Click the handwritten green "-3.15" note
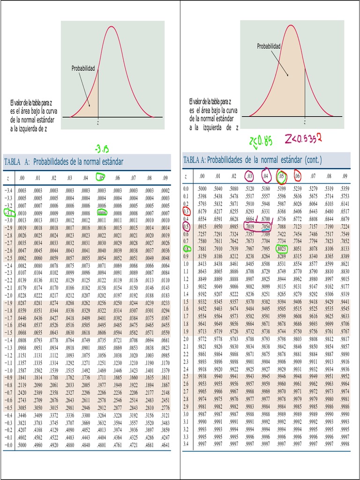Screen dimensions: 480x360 (x=101, y=149)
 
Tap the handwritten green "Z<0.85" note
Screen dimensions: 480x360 (x=261, y=140)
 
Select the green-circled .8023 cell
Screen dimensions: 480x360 (x=282, y=249)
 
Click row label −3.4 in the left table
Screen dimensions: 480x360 (x=8, y=191)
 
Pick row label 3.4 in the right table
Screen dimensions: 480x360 (x=186, y=444)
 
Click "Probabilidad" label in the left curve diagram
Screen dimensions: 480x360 (x=83, y=69)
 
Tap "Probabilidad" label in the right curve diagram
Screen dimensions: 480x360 (x=269, y=46)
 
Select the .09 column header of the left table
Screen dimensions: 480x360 (x=165, y=178)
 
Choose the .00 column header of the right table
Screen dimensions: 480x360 (x=202, y=176)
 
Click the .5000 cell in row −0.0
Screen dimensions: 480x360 (x=22, y=445)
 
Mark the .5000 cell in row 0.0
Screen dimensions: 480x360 (x=202, y=189)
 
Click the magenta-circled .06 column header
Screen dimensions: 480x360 (x=297, y=176)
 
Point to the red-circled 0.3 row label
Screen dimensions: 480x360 (x=186, y=211)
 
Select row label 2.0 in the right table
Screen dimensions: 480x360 (x=186, y=339)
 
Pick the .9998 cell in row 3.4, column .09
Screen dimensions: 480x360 (x=345, y=444)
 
